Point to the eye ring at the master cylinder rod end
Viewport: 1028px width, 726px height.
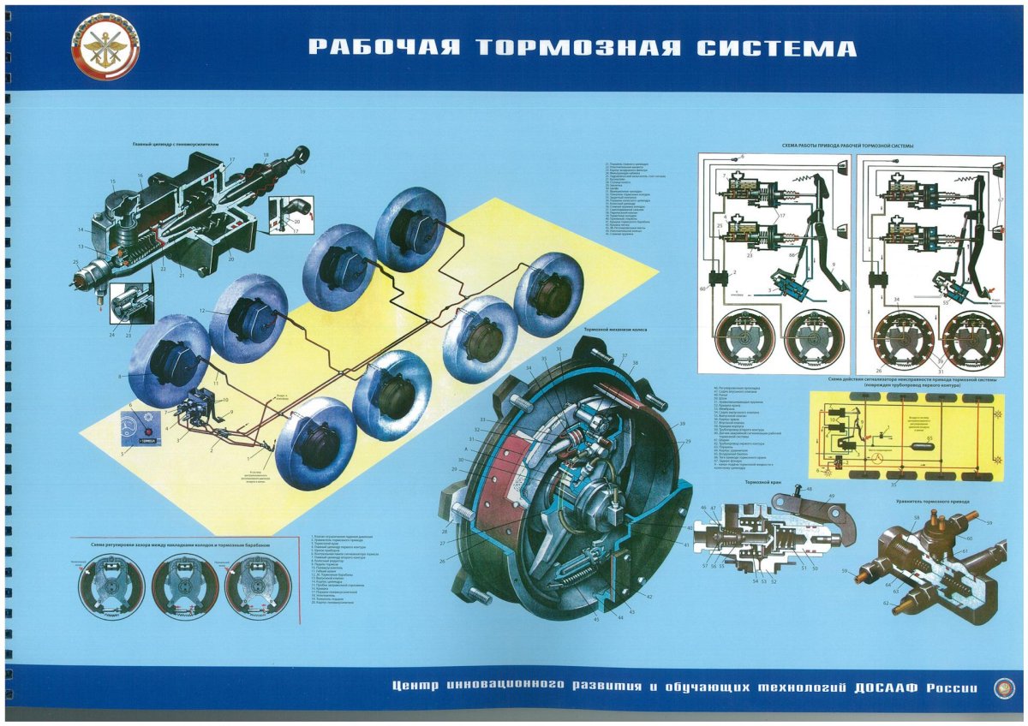tap(300, 155)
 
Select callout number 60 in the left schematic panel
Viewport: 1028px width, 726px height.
tap(702, 290)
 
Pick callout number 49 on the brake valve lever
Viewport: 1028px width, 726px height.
tap(831, 496)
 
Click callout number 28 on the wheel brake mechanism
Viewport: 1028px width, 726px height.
tap(445, 508)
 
